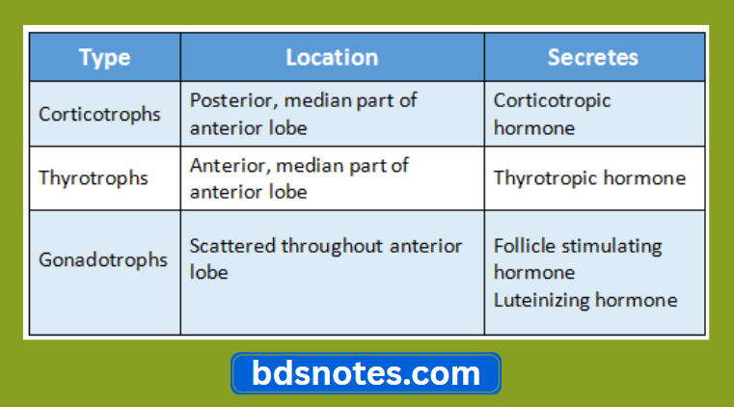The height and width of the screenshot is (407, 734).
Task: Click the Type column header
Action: (104, 58)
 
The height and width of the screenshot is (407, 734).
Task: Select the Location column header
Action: (332, 58)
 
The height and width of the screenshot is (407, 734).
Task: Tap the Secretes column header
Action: (593, 58)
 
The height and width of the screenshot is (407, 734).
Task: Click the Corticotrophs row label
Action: (99, 114)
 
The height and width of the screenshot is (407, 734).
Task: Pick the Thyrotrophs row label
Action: (93, 177)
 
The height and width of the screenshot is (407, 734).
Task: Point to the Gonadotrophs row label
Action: (102, 259)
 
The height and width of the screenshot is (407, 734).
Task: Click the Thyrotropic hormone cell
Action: (589, 178)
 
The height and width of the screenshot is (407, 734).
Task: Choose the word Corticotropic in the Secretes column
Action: (552, 100)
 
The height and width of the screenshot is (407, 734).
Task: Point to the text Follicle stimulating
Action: (578, 246)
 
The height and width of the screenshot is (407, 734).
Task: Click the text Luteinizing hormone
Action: (584, 300)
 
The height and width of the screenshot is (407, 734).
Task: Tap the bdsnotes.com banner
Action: (366, 372)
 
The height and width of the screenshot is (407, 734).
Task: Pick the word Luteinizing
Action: (541, 300)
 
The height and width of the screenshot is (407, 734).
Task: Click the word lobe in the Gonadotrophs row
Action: (208, 273)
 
